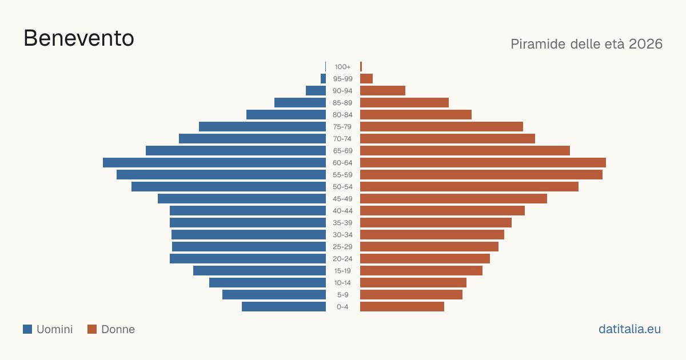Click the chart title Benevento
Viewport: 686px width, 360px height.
[x=79, y=38]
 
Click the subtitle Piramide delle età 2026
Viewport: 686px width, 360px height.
[x=587, y=44]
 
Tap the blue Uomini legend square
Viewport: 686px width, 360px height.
[x=27, y=329]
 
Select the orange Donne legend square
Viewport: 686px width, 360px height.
[x=92, y=329]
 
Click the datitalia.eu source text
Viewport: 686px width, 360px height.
[x=629, y=329]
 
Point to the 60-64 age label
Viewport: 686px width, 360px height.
[x=342, y=163]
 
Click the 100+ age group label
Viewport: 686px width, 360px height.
[x=342, y=67]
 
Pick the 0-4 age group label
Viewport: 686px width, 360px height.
[x=342, y=307]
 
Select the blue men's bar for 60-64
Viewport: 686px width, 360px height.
[x=214, y=162]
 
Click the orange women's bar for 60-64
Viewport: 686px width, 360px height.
[x=483, y=162]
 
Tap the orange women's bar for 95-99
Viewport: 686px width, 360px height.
[x=366, y=79]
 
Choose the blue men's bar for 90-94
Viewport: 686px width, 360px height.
[x=316, y=91]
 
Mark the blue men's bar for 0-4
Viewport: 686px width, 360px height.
[x=284, y=307]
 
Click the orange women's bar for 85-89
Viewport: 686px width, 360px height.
[x=404, y=102]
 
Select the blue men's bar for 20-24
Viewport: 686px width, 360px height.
[x=248, y=259]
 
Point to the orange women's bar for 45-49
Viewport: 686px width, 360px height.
[x=453, y=199]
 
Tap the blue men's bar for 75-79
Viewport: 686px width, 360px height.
[x=262, y=127]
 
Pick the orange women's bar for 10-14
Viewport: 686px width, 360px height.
[x=413, y=282]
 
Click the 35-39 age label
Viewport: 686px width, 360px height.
[x=342, y=223]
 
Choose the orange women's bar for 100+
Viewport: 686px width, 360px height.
[x=361, y=67]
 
